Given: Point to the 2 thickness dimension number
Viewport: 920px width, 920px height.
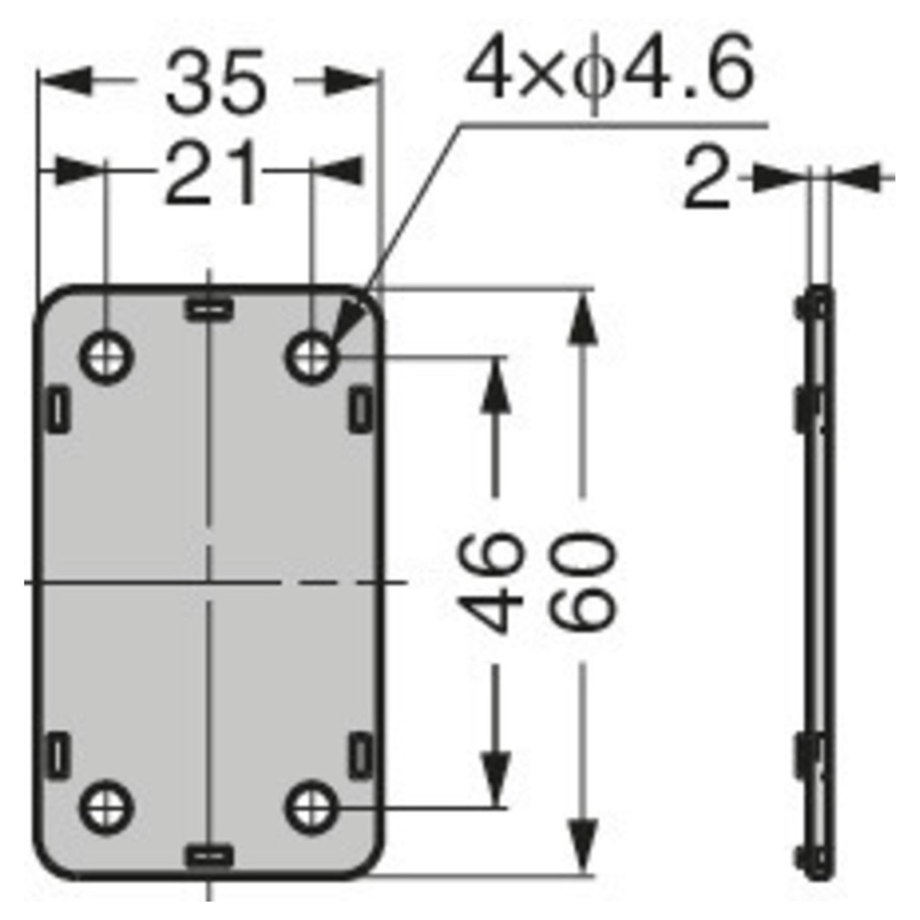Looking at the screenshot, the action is point(707,179).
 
